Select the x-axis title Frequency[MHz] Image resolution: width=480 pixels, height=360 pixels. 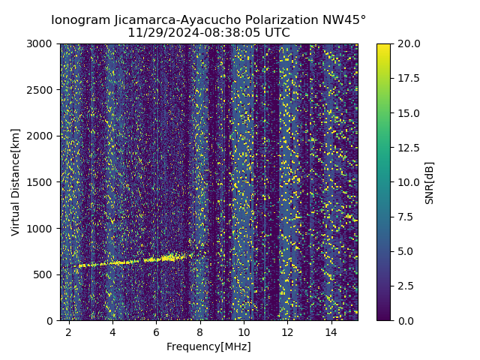pos(208,346)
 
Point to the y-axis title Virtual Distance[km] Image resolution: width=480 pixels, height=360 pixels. pos(16,182)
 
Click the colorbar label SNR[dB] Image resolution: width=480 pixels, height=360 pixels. pos(430,182)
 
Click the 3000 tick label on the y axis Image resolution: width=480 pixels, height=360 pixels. pos(41,43)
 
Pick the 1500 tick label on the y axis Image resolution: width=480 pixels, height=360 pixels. pos(41,182)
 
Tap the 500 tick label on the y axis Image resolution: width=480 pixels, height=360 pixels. pos(44,274)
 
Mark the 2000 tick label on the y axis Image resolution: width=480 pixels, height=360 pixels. pos(41,136)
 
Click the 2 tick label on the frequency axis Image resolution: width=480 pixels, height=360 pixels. pos(69,331)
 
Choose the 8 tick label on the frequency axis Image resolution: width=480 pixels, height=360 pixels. pos(200,331)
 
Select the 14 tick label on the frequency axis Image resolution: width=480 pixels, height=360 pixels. pos(331,331)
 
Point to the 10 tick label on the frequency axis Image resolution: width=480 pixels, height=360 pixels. pos(244,331)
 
